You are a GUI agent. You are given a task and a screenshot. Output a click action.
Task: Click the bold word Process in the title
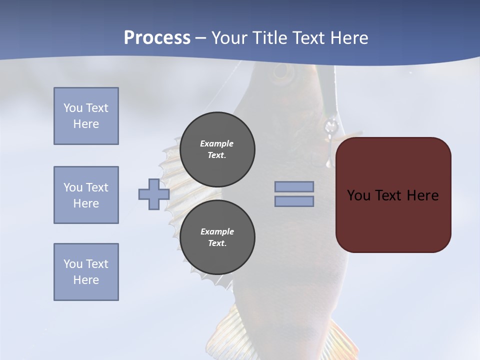pos(157,37)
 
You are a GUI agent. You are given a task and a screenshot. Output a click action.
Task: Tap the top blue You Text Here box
pos(86,116)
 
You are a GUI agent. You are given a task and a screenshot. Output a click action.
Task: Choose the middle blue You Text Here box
pos(86,195)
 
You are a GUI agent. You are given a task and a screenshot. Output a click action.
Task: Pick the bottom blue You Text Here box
pos(86,272)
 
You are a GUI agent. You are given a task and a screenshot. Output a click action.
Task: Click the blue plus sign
pos(153,194)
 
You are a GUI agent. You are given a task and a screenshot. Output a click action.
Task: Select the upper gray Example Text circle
pos(217,149)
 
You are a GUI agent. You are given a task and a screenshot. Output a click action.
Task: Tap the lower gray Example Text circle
pos(217,237)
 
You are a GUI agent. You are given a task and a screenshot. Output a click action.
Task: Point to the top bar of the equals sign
pos(294,186)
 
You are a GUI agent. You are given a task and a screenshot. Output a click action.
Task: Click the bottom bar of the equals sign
pos(294,201)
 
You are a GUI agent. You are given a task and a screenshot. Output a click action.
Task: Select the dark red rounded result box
pos(393,195)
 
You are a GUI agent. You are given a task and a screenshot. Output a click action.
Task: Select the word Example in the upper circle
pos(216,143)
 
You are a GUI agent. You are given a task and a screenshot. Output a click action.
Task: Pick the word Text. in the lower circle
pos(217,243)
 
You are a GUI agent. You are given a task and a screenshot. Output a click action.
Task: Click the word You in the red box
pos(359,195)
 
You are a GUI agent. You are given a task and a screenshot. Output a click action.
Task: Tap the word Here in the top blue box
pos(86,124)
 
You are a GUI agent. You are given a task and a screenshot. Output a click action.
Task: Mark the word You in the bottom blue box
pos(72,264)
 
